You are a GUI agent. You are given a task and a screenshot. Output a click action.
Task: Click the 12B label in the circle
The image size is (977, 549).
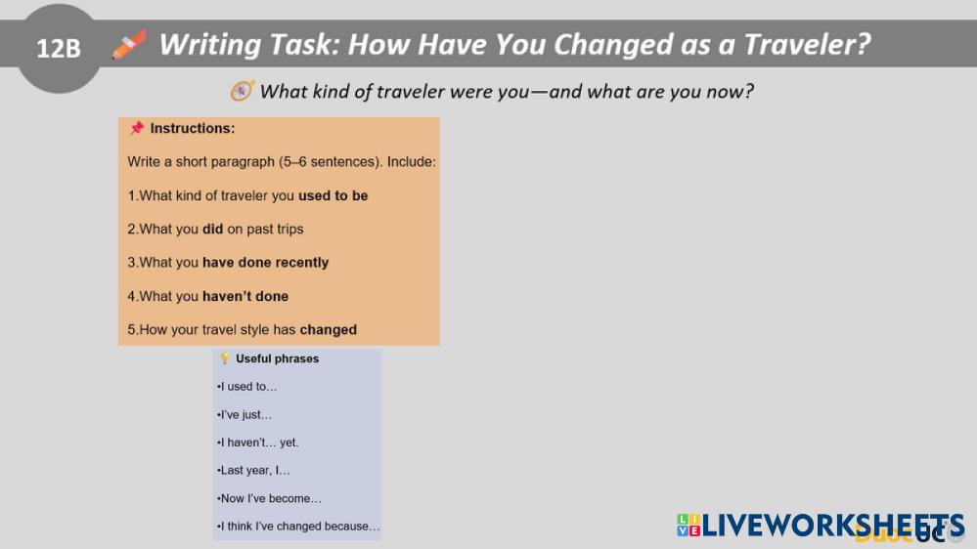point(59,49)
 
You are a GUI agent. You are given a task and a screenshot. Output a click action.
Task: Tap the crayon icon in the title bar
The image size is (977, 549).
point(130,44)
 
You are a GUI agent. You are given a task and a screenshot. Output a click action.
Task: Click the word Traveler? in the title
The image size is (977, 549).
point(807,45)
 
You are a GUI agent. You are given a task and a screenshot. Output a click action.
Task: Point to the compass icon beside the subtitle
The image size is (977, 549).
point(242,91)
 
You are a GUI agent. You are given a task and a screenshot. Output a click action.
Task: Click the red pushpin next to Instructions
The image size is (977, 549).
point(137,128)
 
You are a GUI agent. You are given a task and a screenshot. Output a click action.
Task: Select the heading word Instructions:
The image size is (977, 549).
point(193,128)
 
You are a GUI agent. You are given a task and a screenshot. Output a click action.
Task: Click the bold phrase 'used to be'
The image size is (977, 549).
point(333,195)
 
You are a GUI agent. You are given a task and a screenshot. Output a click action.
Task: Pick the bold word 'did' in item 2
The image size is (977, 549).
point(212,229)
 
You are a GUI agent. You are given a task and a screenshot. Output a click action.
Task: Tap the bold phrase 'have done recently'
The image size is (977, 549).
point(265,263)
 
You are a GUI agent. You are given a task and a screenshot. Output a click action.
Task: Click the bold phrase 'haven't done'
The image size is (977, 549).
point(245,296)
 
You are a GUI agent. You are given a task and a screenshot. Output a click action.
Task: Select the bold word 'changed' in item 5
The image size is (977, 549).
point(329,330)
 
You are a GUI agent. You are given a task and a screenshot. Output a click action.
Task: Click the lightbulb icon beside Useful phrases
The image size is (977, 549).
point(225,359)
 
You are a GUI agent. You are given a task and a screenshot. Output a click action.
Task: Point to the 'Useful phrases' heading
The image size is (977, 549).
point(278,359)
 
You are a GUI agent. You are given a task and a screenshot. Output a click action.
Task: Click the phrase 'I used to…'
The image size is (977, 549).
point(247,387)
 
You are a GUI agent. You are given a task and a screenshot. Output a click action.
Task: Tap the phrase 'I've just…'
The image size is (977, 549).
point(244,414)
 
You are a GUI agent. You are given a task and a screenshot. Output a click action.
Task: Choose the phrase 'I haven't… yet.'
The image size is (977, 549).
point(258,443)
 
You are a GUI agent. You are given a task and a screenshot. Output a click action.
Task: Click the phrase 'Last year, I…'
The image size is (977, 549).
point(253,471)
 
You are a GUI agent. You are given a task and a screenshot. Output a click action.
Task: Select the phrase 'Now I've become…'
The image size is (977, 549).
point(269,498)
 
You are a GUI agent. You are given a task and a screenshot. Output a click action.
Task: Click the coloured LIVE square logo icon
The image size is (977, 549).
point(688,526)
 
